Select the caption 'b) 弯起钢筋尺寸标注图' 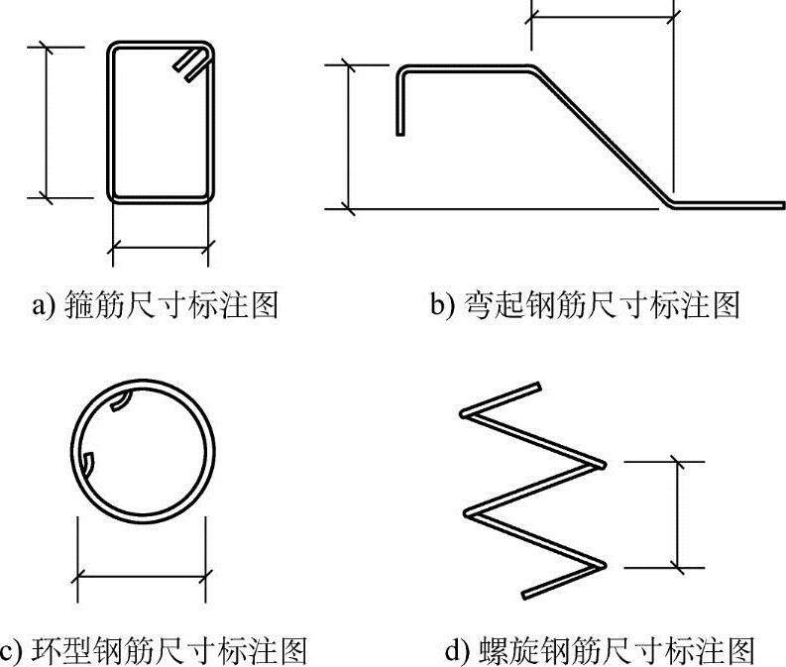click(586, 303)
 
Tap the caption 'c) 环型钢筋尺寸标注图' click(155, 650)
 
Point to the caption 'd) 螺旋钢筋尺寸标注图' click(601, 650)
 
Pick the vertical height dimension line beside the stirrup click(46, 121)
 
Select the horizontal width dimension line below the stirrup click(160, 243)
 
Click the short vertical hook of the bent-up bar click(399, 104)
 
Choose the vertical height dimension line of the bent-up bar click(348, 136)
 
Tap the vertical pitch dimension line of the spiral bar click(679, 514)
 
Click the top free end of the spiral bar click(536, 386)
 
